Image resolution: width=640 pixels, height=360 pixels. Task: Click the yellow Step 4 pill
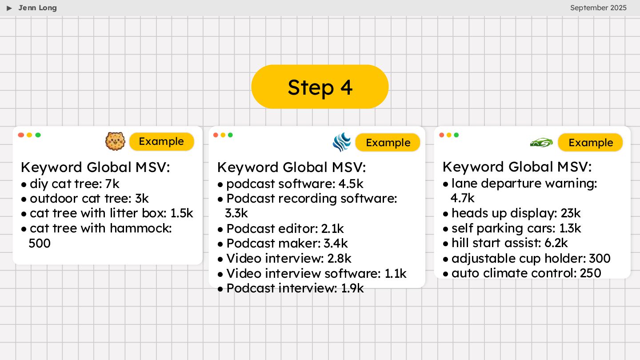[x=320, y=87]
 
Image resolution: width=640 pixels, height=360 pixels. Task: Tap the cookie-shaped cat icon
[x=115, y=141]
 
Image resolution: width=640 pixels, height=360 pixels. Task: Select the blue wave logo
[x=342, y=143]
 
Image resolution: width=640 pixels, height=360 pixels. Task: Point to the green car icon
[x=541, y=143]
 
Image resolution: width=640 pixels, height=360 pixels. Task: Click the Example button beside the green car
[x=590, y=143]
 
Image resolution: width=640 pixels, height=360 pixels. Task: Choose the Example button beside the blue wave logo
[x=388, y=143]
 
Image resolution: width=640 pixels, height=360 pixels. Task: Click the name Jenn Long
[x=38, y=8]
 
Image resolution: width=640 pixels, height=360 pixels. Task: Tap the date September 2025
[x=598, y=8]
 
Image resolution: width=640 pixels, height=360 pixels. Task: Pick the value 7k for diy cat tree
[x=112, y=184]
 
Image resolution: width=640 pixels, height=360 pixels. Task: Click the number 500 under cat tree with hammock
[x=40, y=243]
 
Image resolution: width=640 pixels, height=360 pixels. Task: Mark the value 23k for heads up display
[x=571, y=213]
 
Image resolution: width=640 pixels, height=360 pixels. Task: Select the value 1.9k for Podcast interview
[x=352, y=288]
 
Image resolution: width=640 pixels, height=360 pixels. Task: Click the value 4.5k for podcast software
[x=351, y=184]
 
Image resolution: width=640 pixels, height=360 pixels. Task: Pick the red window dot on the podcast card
[x=216, y=135]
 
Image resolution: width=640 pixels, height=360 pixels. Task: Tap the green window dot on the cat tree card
[x=38, y=135]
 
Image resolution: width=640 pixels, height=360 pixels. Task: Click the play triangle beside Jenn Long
[x=9, y=8]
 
